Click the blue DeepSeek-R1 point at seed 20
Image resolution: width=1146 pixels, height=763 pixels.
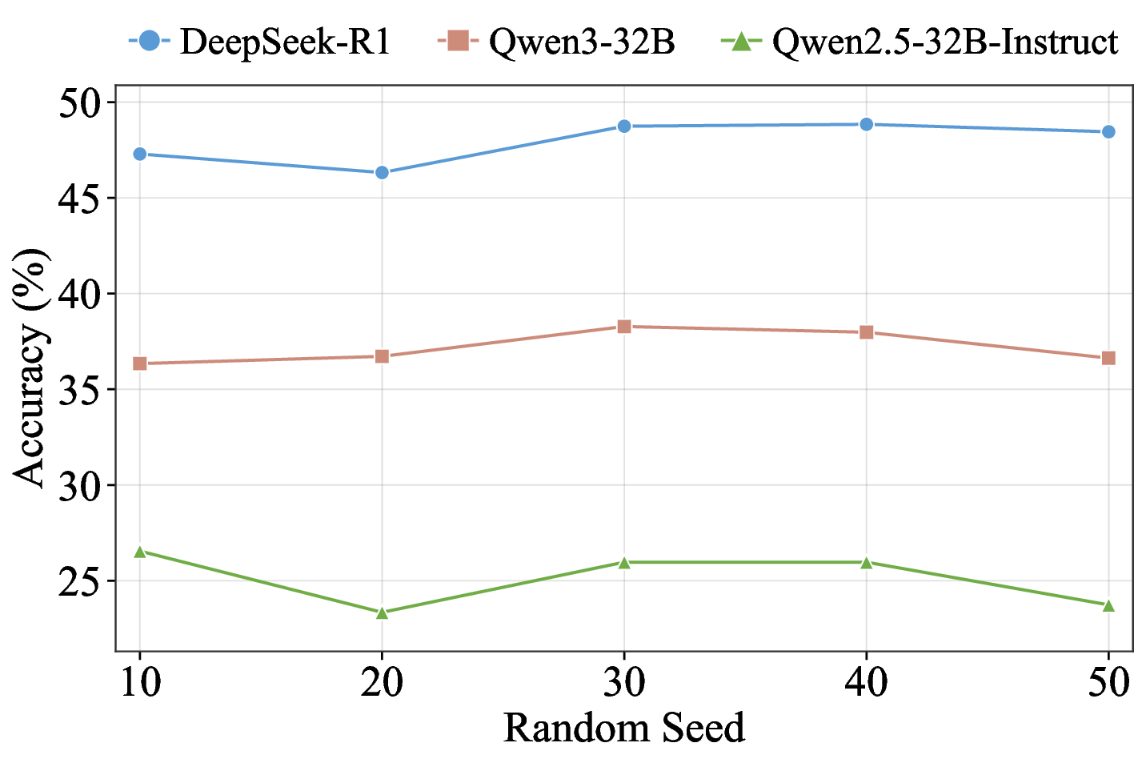tap(382, 172)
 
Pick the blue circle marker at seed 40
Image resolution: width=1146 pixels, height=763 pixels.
tap(866, 124)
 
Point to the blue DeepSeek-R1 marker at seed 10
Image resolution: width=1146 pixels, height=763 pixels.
tap(140, 154)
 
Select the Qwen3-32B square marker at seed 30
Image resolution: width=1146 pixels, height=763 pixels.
tap(624, 326)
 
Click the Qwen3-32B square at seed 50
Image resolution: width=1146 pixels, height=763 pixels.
tap(1108, 358)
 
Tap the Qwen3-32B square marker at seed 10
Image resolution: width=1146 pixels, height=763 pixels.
tap(140, 363)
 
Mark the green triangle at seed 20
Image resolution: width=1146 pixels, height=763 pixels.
tap(382, 612)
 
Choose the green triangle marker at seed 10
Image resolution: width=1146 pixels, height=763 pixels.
tap(140, 552)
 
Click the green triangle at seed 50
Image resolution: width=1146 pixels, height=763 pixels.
tap(1108, 605)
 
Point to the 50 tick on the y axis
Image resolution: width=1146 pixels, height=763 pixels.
tap(81, 103)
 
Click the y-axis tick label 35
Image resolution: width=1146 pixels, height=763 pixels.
tap(81, 390)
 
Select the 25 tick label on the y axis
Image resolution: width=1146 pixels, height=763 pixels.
tap(81, 581)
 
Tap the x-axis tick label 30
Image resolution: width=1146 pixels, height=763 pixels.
tap(624, 683)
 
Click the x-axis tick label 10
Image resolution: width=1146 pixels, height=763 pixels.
tap(140, 683)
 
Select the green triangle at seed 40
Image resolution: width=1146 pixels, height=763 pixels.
tap(866, 562)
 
